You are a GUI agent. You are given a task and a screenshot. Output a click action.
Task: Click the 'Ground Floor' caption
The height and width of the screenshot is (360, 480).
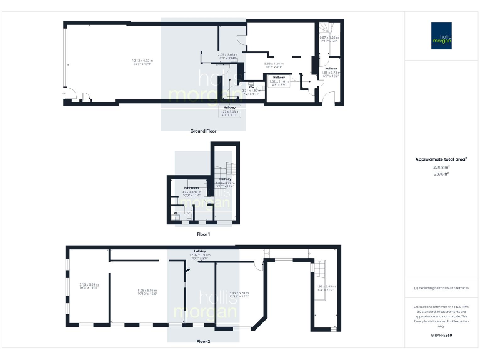point(203,131)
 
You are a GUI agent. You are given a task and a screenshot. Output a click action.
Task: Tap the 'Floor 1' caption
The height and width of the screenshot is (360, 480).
point(203,234)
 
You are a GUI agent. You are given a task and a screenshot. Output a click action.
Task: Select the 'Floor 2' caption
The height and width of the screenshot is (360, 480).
point(203,342)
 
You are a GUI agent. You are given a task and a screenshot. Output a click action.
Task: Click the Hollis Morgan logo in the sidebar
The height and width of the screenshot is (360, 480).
point(442,36)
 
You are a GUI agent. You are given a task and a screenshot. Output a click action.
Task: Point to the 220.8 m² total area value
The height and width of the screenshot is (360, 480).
point(442,167)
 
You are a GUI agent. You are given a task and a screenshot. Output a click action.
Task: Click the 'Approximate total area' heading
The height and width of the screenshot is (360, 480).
point(441,159)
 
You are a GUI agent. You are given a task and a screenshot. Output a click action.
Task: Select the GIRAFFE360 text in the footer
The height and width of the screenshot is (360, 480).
point(442,336)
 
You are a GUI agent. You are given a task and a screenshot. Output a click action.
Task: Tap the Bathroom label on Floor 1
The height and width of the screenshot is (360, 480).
point(192,188)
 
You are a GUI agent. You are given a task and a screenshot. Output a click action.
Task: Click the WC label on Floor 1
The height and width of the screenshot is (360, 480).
point(176,212)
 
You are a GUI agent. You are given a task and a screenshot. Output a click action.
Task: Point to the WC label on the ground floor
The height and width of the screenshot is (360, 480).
point(251,86)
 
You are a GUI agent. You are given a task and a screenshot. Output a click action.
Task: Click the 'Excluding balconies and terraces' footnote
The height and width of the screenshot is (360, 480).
point(442,288)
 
